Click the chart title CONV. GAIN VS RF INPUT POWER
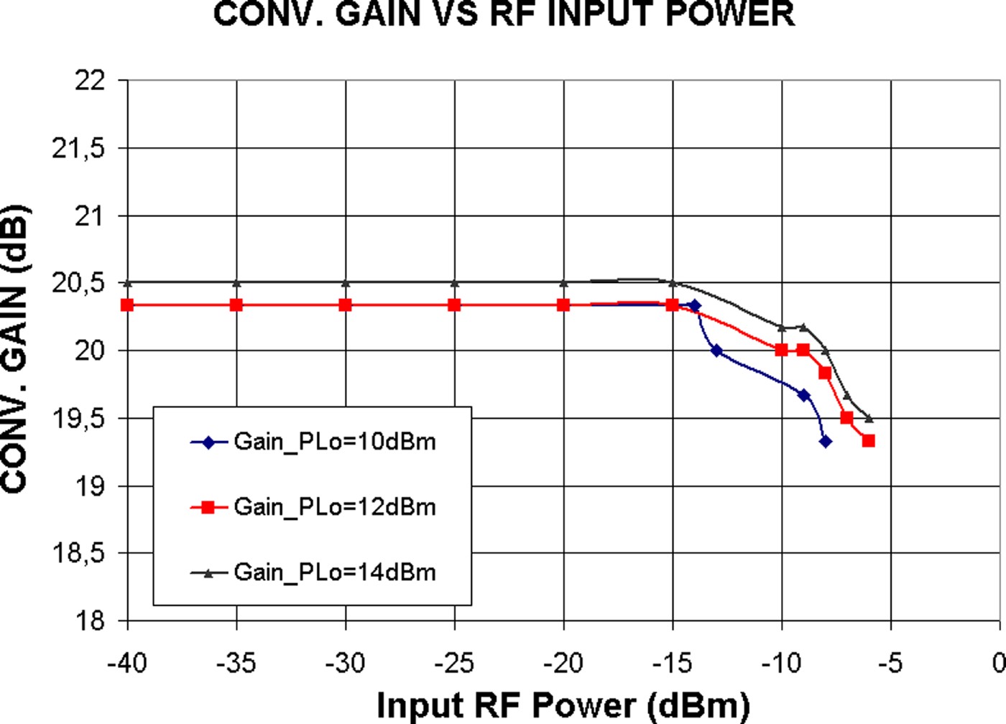point(504,14)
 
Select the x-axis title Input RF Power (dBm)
point(563,705)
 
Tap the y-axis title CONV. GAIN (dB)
point(16,350)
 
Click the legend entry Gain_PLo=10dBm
point(334,442)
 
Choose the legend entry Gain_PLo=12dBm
point(334,507)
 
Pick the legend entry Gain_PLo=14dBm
point(334,572)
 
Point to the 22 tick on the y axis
point(91,80)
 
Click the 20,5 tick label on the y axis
point(78,283)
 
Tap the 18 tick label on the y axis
point(91,621)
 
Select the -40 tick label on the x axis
point(127,663)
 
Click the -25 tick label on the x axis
point(454,663)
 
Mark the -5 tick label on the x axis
point(890,663)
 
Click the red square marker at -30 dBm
point(346,305)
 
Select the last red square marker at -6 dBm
point(869,441)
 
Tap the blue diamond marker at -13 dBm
point(716,351)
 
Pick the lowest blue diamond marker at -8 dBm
point(826,441)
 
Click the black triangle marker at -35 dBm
point(236,283)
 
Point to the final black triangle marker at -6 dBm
point(869,418)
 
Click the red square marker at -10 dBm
point(782,351)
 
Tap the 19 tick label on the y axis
point(91,486)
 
